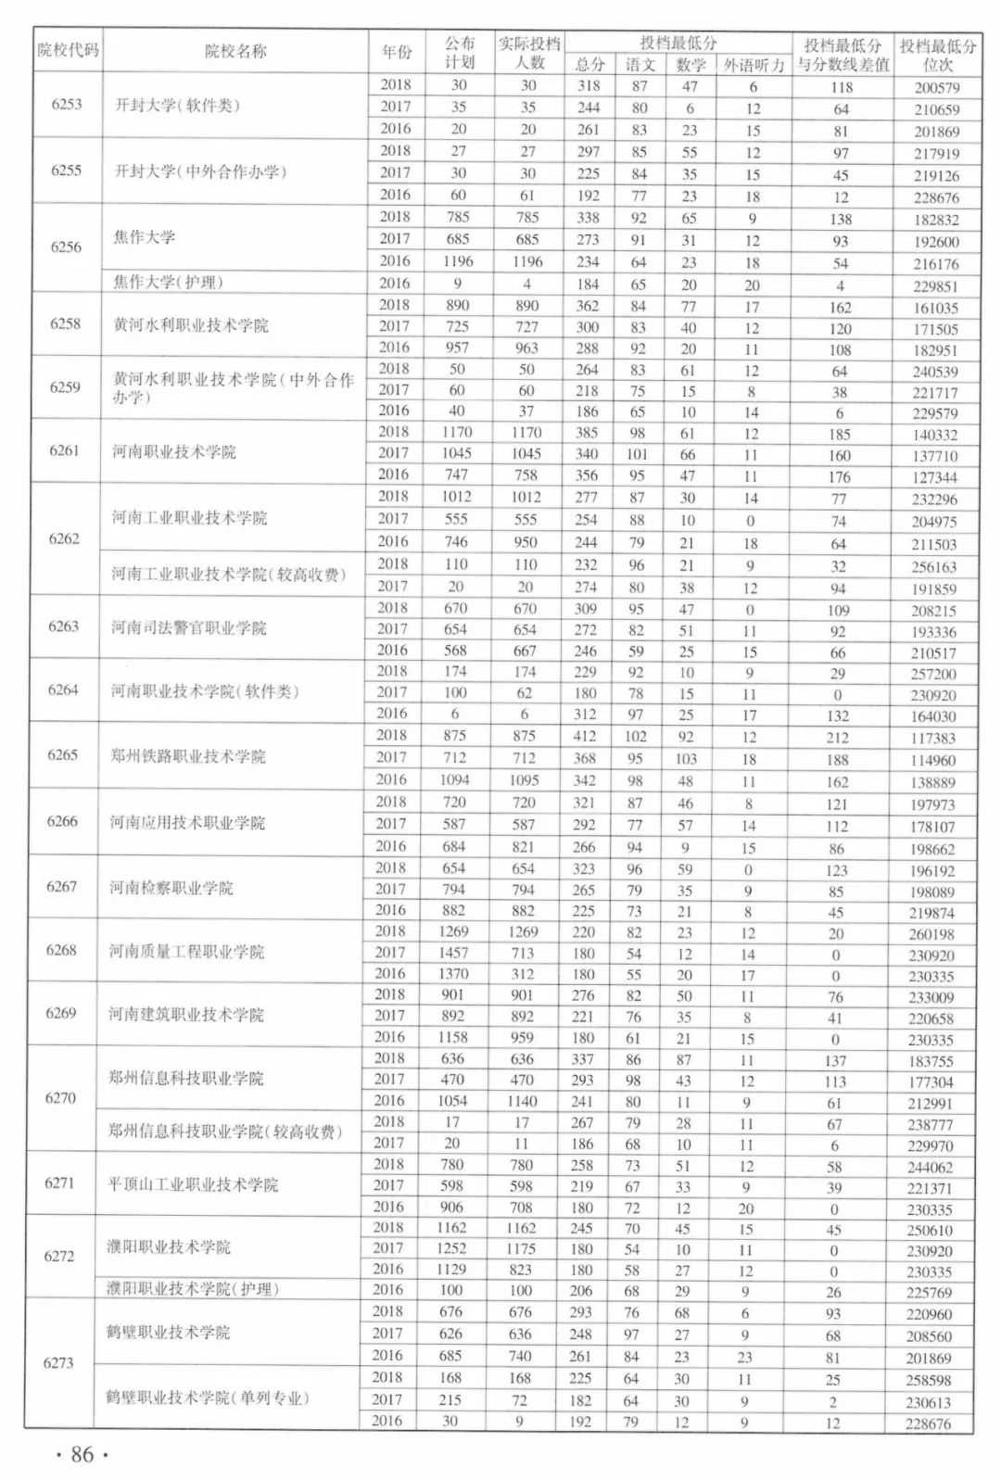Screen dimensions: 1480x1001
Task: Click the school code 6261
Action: tap(64, 450)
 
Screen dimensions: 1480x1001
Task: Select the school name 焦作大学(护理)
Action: tap(168, 282)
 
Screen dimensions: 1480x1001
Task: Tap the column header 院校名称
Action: tap(235, 51)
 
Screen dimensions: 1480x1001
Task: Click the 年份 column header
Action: tap(397, 52)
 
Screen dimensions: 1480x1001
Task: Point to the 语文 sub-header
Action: tap(640, 64)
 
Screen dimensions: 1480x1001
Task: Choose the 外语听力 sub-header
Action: tap(754, 64)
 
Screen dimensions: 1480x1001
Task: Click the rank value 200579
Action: tap(937, 87)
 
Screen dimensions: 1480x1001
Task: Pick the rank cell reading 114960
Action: tap(932, 760)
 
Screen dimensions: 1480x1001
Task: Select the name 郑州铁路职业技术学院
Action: tap(188, 756)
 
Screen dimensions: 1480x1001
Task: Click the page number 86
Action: tap(82, 1455)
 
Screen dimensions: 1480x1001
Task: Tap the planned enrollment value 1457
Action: tap(453, 952)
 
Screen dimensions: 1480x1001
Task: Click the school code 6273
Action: tap(58, 1362)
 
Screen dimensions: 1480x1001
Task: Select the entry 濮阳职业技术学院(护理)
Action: tap(192, 1288)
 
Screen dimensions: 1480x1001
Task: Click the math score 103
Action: tap(685, 759)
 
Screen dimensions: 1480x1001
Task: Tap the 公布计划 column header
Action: tap(460, 52)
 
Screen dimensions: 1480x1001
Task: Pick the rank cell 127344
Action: tap(933, 477)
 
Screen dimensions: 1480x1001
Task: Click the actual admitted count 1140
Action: tap(522, 1101)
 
